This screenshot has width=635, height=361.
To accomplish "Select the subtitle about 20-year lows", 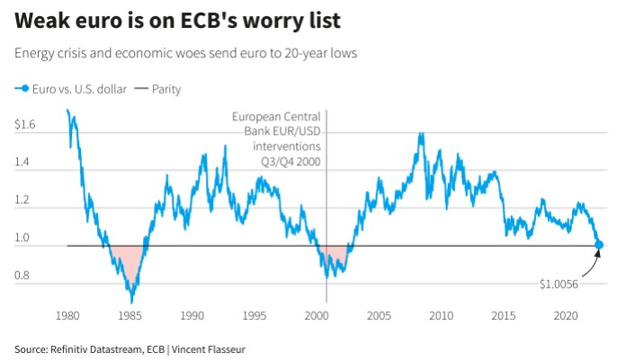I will (x=186, y=53).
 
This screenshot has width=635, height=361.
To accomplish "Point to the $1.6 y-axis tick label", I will (x=25, y=124).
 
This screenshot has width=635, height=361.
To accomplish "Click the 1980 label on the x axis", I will (x=67, y=316).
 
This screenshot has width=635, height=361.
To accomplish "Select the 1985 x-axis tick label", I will (x=130, y=316).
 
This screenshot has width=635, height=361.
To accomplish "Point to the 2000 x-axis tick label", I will (x=316, y=316).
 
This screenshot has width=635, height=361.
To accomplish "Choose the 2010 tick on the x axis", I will (x=441, y=316).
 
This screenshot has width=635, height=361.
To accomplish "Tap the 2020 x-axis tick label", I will (x=565, y=316).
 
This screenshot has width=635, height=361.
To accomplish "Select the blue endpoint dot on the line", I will (x=599, y=244).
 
